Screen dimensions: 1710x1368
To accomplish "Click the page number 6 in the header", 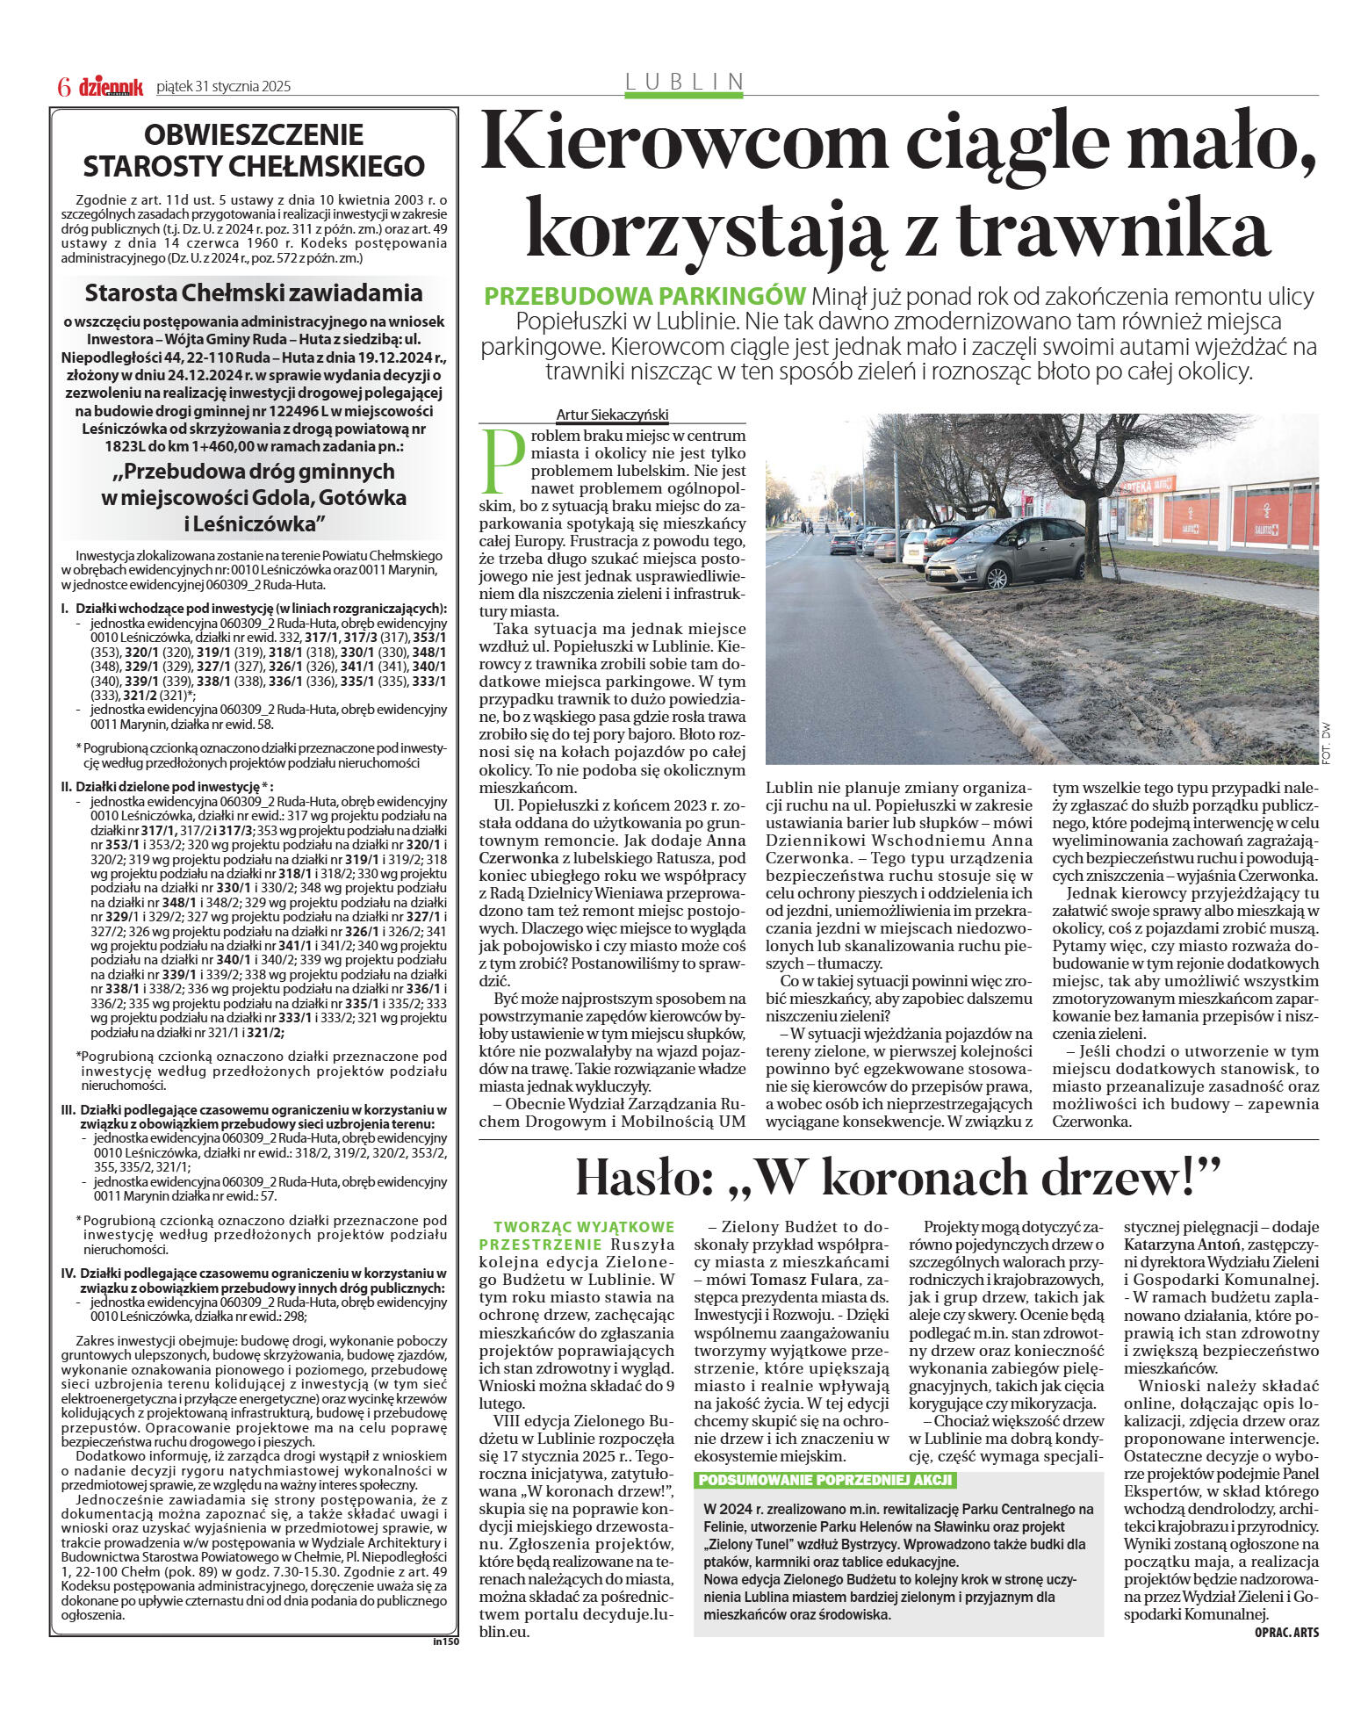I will point(63,87).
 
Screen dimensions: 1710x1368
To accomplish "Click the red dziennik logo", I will point(111,87).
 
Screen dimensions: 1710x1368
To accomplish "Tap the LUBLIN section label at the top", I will point(684,82).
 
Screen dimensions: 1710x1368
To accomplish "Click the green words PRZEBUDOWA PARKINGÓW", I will point(645,295).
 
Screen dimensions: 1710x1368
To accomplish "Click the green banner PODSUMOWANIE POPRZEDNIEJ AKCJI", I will point(824,1480).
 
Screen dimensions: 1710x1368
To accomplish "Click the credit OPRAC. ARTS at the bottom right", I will point(1286,1633).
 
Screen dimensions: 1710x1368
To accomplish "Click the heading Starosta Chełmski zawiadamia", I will point(254,292).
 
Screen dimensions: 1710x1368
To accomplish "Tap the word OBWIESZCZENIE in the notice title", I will point(254,134).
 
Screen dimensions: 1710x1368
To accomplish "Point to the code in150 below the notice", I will point(446,1641).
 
